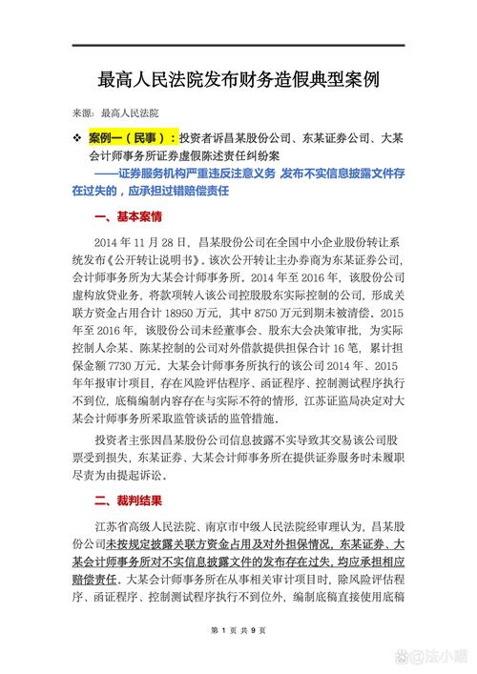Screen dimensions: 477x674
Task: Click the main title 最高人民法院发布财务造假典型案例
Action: pyautogui.click(x=238, y=77)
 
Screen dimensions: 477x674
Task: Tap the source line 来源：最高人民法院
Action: pyautogui.click(x=115, y=112)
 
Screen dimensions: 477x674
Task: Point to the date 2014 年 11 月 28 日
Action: pyautogui.click(x=142, y=244)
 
